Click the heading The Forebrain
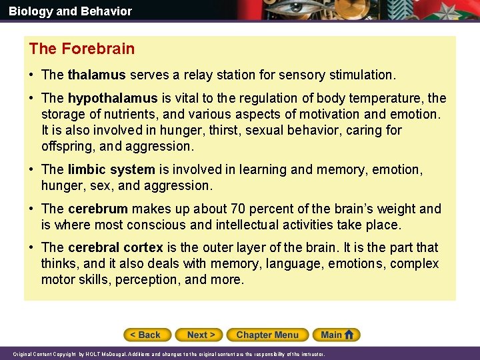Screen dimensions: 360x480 coord(82,49)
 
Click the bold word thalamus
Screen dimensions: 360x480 coord(97,75)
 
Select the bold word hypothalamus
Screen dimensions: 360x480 coord(113,99)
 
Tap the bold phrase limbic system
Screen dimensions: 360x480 coord(111,170)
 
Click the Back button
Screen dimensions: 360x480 coord(147,335)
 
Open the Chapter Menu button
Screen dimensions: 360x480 coord(267,335)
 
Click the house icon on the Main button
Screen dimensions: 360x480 coord(350,335)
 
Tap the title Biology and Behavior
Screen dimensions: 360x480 coord(70,11)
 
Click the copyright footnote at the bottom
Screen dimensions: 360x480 coord(169,354)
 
